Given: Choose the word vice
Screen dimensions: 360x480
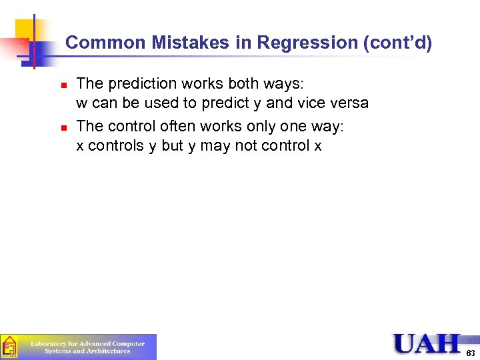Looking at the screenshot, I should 311,105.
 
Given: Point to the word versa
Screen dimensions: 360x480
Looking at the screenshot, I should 349,105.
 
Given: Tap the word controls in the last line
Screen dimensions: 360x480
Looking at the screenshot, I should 116,146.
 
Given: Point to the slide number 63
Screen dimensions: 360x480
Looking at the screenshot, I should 471,353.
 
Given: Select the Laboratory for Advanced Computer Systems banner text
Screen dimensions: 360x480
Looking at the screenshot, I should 87,347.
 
